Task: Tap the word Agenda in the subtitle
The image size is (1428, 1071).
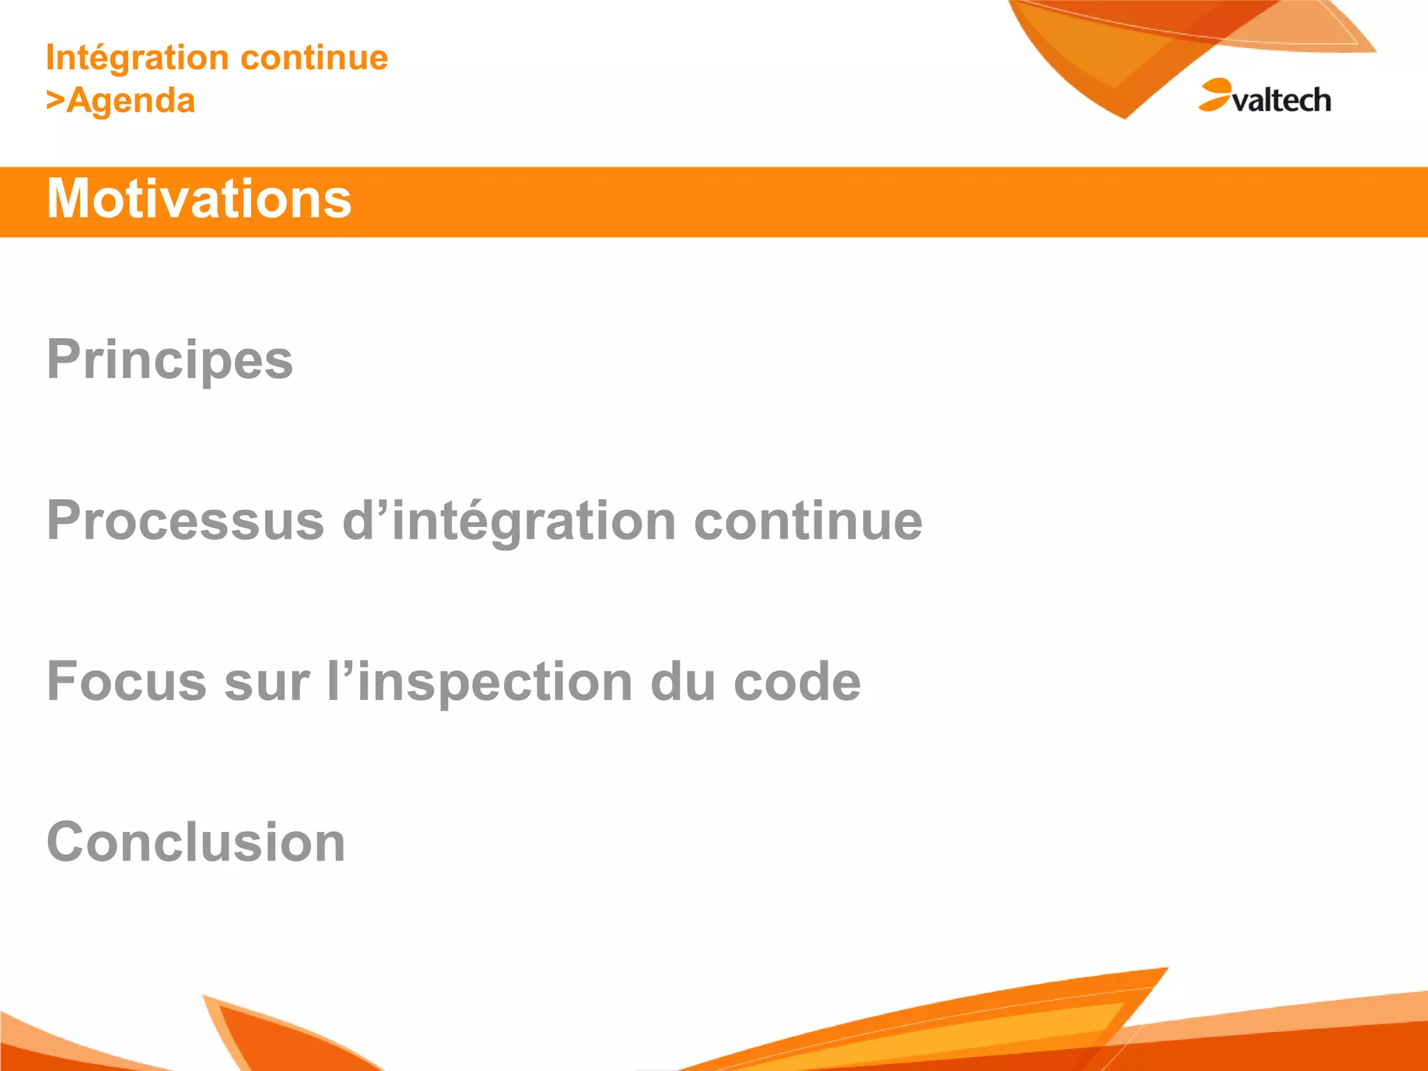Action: [x=131, y=101]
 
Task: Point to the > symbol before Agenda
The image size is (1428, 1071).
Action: [x=55, y=100]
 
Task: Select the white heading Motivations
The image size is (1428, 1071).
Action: [x=199, y=199]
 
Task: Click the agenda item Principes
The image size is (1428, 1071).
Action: [x=169, y=360]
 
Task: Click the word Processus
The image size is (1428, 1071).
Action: [x=185, y=521]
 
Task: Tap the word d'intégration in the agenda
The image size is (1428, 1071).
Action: [x=509, y=521]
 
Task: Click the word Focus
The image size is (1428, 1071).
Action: [x=126, y=681]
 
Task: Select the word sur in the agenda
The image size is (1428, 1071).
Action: [x=267, y=683]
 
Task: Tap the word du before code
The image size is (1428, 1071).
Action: [x=683, y=681]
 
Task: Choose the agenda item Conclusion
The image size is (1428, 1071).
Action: [x=196, y=842]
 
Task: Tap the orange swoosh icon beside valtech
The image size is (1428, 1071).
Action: [x=1215, y=95]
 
